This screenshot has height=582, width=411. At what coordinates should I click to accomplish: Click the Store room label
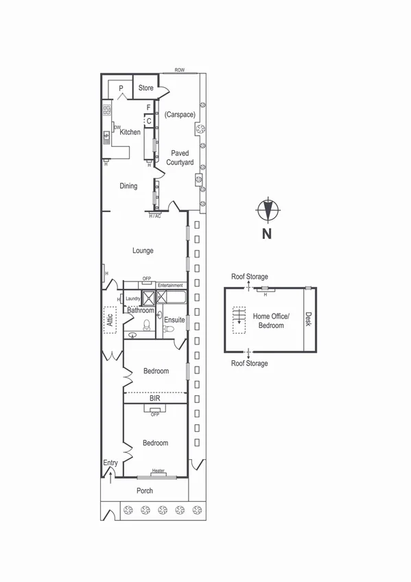[146, 88]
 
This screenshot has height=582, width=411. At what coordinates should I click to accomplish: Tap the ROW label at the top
[180, 70]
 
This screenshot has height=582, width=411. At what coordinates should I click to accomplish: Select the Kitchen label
[130, 132]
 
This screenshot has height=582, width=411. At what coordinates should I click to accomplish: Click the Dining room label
[128, 185]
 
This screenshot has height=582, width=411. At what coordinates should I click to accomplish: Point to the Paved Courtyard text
[180, 157]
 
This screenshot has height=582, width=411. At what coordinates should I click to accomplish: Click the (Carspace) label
[180, 114]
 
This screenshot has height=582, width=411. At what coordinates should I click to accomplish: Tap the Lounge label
[143, 251]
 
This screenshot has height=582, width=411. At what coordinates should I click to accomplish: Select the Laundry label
[132, 299]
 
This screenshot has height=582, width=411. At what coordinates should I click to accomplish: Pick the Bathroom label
[141, 310]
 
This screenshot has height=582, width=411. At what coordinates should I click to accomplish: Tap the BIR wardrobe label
[155, 397]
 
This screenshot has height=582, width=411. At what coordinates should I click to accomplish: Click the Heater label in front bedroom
[158, 471]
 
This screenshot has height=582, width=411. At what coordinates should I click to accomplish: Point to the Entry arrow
[110, 472]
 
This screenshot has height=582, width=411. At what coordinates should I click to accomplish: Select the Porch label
[144, 491]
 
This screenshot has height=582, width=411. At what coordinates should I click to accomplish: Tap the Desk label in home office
[309, 319]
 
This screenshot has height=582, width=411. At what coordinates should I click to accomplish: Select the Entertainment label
[170, 285]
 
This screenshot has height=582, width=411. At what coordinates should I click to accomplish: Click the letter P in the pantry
[121, 88]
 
